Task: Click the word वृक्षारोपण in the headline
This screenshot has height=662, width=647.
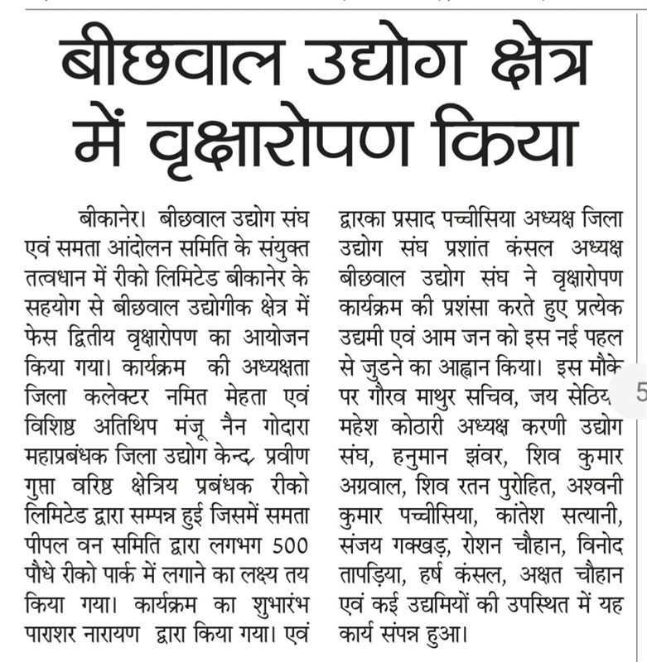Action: (299, 142)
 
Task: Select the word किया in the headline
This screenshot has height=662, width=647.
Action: (501, 142)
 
